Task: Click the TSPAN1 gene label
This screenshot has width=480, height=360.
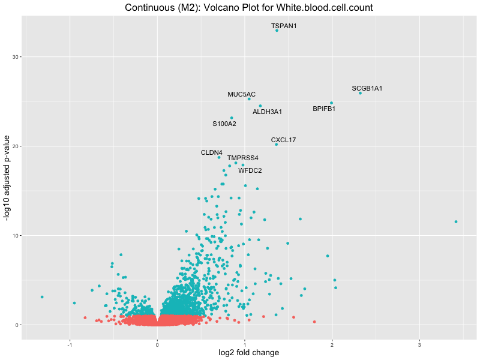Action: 284,26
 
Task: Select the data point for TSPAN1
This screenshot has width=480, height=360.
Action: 277,30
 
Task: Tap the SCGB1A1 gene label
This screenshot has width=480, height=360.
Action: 367,88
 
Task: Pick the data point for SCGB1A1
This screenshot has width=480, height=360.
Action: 360,93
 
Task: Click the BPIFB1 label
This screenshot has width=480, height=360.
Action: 324,109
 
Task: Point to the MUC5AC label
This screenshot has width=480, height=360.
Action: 241,94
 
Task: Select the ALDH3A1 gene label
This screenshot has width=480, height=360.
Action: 267,112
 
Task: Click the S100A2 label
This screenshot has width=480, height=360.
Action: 224,124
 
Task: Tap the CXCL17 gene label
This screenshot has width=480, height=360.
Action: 283,140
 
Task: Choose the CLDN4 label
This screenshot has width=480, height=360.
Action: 211,152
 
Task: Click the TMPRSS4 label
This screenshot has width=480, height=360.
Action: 242,158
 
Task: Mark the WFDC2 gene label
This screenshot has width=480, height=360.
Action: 250,170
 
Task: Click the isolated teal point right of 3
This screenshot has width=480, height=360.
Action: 456,221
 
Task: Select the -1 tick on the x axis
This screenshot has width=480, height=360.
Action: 70,344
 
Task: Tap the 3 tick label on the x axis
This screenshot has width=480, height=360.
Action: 419,344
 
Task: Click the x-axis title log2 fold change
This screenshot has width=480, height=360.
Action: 248,353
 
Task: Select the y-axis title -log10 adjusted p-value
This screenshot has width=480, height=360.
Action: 7,178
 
